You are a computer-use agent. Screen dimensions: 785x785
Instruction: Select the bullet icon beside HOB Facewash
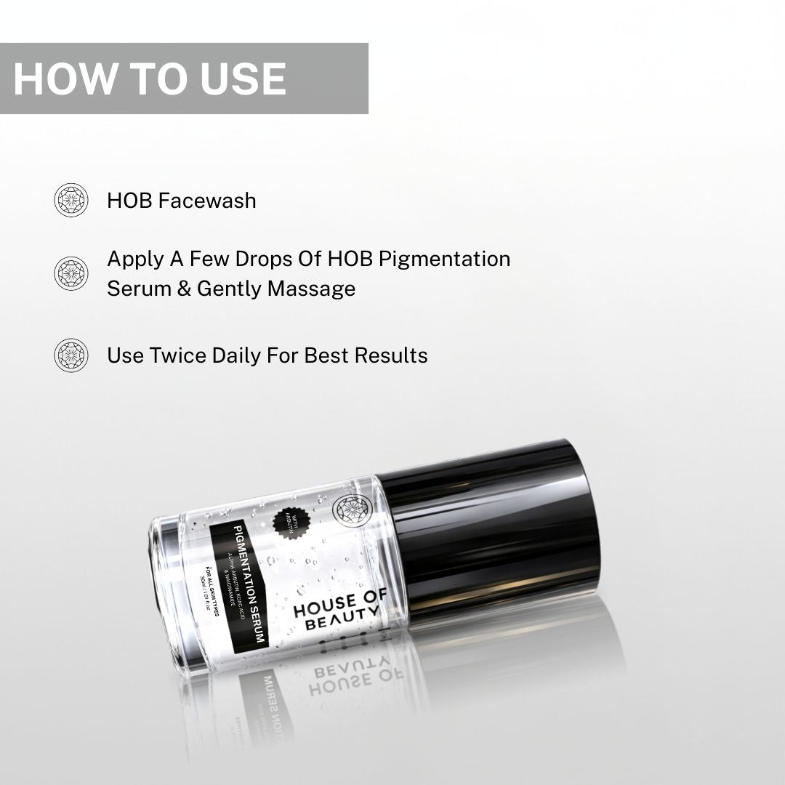tap(71, 200)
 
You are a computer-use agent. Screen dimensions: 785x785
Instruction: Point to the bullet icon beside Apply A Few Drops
tap(71, 273)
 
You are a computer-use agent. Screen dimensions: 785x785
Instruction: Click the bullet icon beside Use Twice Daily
tap(71, 355)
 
